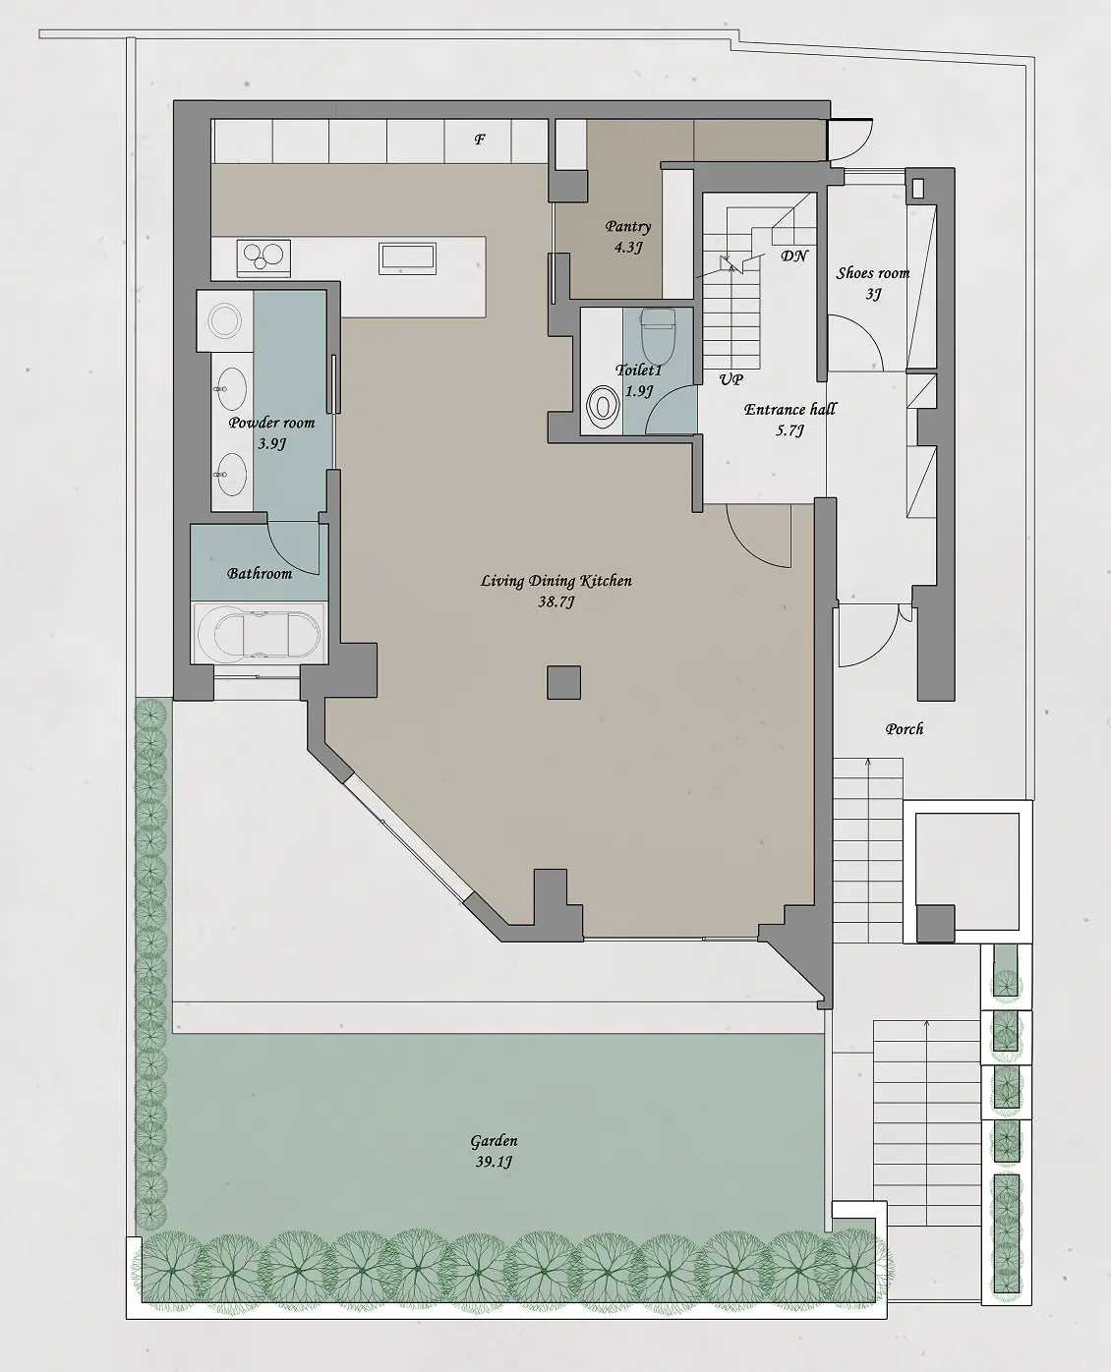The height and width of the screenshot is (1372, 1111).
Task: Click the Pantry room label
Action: (x=627, y=227)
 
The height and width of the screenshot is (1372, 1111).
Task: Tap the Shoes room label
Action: (x=873, y=273)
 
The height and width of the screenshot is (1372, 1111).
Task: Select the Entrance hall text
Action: (x=790, y=409)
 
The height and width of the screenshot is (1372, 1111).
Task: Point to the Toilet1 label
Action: (x=639, y=371)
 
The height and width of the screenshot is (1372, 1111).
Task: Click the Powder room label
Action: (x=272, y=423)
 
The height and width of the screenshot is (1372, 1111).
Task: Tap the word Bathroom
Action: (x=259, y=573)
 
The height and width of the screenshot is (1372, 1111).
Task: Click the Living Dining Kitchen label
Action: (x=556, y=581)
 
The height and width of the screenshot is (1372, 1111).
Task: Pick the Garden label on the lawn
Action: (x=494, y=1141)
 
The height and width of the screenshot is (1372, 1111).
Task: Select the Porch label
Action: (x=905, y=728)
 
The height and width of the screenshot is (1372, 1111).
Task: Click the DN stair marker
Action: (x=794, y=256)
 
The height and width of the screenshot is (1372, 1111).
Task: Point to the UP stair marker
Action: (x=731, y=379)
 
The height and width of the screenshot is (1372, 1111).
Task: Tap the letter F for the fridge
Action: (x=480, y=140)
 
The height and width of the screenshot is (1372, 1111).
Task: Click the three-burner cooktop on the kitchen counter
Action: (x=263, y=258)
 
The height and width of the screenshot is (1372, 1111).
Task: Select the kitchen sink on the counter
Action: (x=407, y=258)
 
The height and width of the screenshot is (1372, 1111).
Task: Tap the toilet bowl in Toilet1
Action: (x=658, y=335)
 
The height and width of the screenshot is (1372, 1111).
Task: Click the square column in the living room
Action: (x=564, y=683)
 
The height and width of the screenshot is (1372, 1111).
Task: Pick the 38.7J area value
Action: (x=556, y=602)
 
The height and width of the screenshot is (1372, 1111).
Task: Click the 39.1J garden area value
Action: (x=494, y=1163)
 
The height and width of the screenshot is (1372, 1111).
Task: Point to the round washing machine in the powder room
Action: (x=225, y=320)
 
